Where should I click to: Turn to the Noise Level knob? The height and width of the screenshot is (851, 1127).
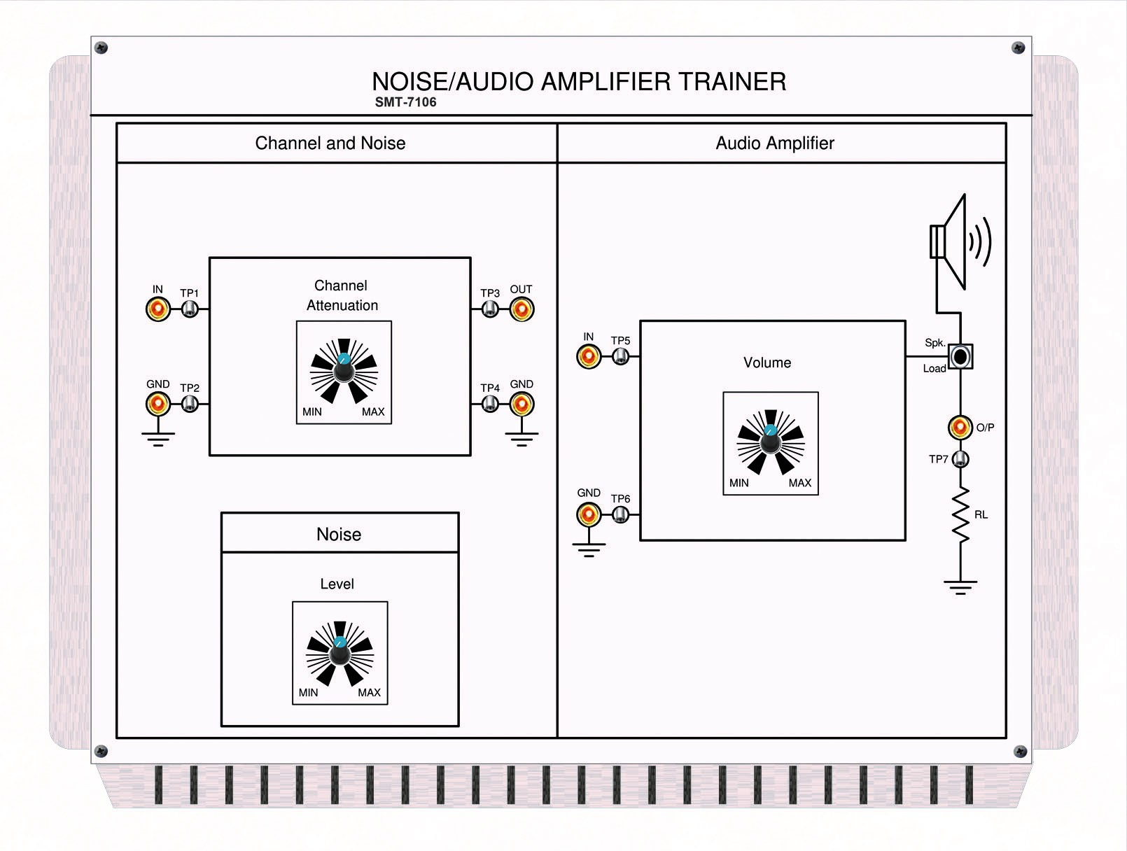coord(339,654)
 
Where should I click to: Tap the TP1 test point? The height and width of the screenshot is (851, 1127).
coord(190,309)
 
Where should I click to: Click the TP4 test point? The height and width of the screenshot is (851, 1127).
coord(490,404)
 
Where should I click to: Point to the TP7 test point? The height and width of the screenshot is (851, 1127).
coord(961,459)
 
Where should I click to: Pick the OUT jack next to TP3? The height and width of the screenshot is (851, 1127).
coord(521,309)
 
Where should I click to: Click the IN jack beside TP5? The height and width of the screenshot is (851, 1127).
coord(589,356)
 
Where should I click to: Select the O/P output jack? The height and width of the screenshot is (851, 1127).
coord(960,426)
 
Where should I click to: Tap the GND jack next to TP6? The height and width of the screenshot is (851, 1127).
coord(589,514)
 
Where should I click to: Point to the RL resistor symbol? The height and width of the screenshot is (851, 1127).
coord(960,515)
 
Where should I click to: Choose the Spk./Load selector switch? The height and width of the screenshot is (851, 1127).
coord(960,356)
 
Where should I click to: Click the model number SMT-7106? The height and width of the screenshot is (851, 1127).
coord(405,102)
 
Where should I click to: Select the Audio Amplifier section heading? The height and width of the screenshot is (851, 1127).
coord(775,143)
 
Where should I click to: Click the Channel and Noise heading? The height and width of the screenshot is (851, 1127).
coord(330,143)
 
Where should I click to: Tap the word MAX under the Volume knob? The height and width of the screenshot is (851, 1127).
coord(799,483)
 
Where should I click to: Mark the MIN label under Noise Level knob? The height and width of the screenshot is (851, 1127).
coord(308,692)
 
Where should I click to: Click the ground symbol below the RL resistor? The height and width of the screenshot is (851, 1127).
coord(960,586)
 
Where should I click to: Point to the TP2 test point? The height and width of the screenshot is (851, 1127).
coord(190,404)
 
